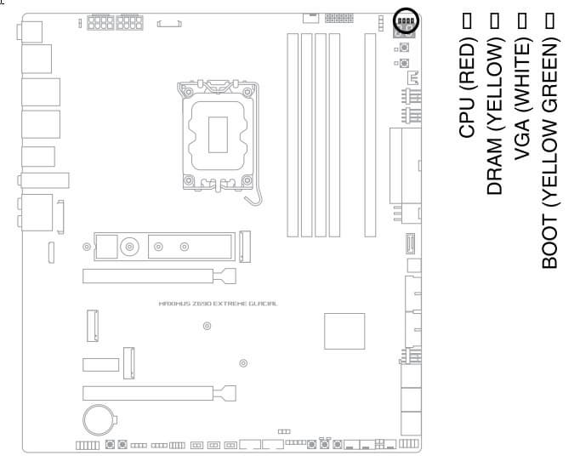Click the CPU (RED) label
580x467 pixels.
(466, 88)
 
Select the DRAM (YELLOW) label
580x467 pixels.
(495, 116)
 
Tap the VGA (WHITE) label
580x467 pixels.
(522, 99)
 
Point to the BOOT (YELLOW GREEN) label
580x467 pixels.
(550, 151)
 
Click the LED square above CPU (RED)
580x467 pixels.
(467, 20)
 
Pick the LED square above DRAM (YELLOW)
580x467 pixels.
(495, 20)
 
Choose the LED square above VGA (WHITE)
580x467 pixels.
(522, 20)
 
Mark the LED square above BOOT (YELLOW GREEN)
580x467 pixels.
(550, 20)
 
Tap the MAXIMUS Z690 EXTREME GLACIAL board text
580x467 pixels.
(218, 304)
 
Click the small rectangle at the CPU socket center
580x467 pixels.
(218, 134)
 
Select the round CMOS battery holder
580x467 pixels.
(83, 420)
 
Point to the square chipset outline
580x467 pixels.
(344, 331)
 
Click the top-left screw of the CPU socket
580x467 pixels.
(188, 91)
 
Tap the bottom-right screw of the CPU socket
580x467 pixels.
(247, 180)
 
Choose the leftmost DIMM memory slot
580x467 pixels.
(293, 135)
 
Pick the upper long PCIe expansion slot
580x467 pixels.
(159, 276)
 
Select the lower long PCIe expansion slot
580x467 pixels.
(159, 393)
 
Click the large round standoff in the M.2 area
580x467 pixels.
(129, 247)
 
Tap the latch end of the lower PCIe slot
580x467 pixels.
(225, 393)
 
